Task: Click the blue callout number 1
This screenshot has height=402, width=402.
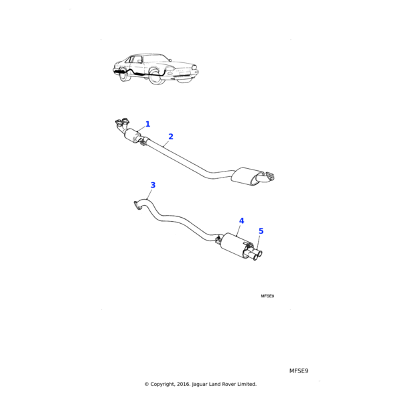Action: pyautogui.click(x=148, y=124)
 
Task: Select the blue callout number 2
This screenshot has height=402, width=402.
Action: pyautogui.click(x=171, y=136)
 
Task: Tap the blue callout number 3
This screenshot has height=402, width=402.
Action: pyautogui.click(x=153, y=185)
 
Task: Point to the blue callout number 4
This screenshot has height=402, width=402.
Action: pyautogui.click(x=241, y=220)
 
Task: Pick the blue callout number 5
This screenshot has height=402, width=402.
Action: pyautogui.click(x=261, y=231)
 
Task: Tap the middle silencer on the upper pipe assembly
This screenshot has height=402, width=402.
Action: pyautogui.click(x=247, y=178)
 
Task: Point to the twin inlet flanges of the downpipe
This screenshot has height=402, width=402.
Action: pyautogui.click(x=122, y=122)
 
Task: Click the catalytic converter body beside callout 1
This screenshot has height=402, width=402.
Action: pyautogui.click(x=133, y=135)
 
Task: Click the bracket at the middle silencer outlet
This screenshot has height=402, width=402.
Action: pyautogui.click(x=269, y=177)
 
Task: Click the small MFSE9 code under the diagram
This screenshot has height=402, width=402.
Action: pyautogui.click(x=267, y=295)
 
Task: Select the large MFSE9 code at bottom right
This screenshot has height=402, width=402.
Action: pyautogui.click(x=298, y=371)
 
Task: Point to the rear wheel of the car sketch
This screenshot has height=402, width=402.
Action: pyautogui.click(x=125, y=76)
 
